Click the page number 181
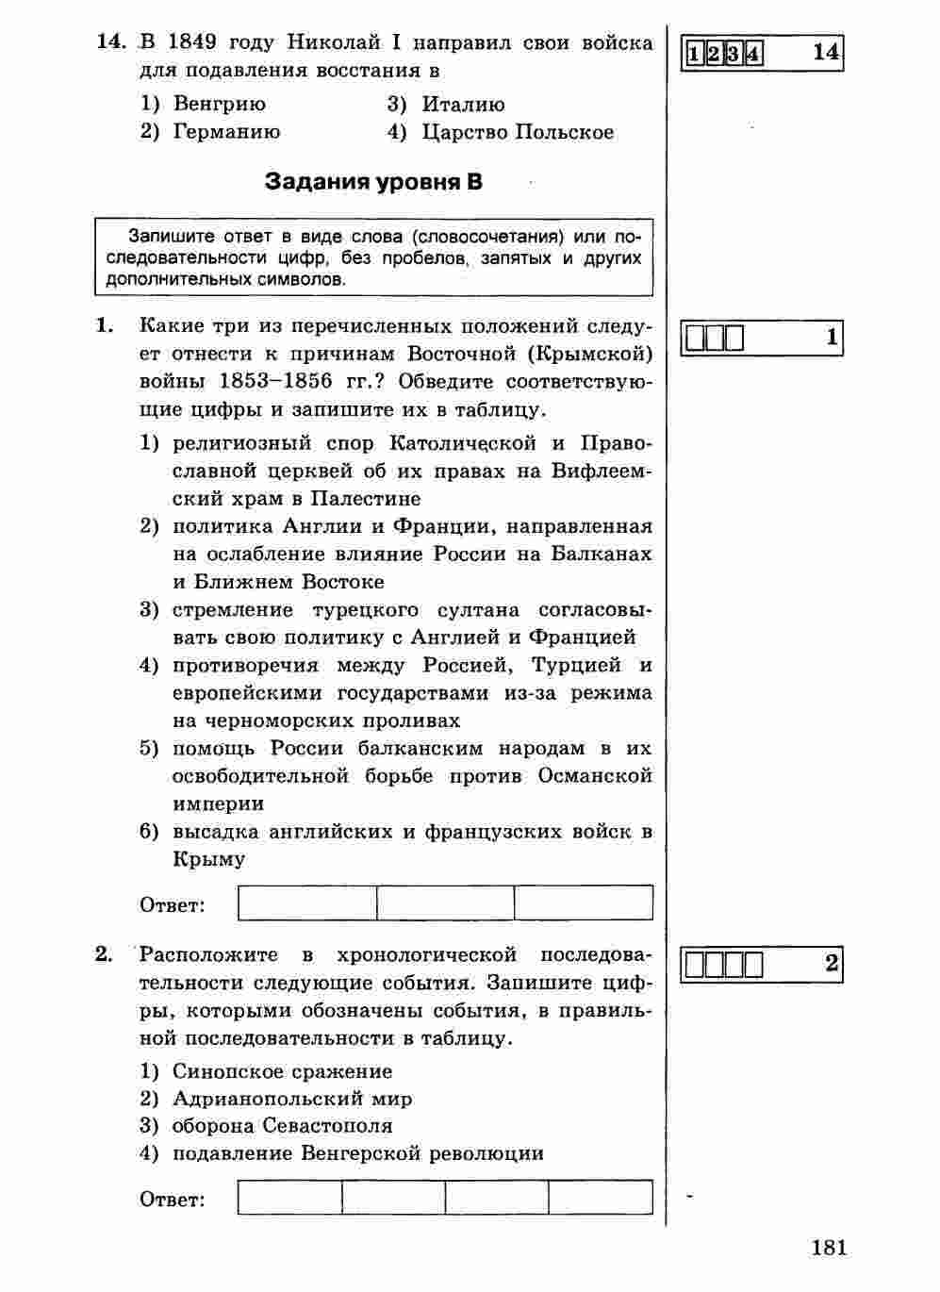828,1248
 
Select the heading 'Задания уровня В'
373,181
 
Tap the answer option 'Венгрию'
219,104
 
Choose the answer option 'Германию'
226,132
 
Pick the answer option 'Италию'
463,104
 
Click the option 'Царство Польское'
518,132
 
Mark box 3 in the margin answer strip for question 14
733,53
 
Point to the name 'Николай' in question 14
332,42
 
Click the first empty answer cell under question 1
307,903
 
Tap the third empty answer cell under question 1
584,903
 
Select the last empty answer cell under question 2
601,1197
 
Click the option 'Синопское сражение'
282,1071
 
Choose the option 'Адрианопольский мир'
292,1099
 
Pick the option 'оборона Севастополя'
282,1126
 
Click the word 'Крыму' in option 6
209,859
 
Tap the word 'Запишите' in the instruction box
172,236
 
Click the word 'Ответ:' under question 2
173,1200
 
